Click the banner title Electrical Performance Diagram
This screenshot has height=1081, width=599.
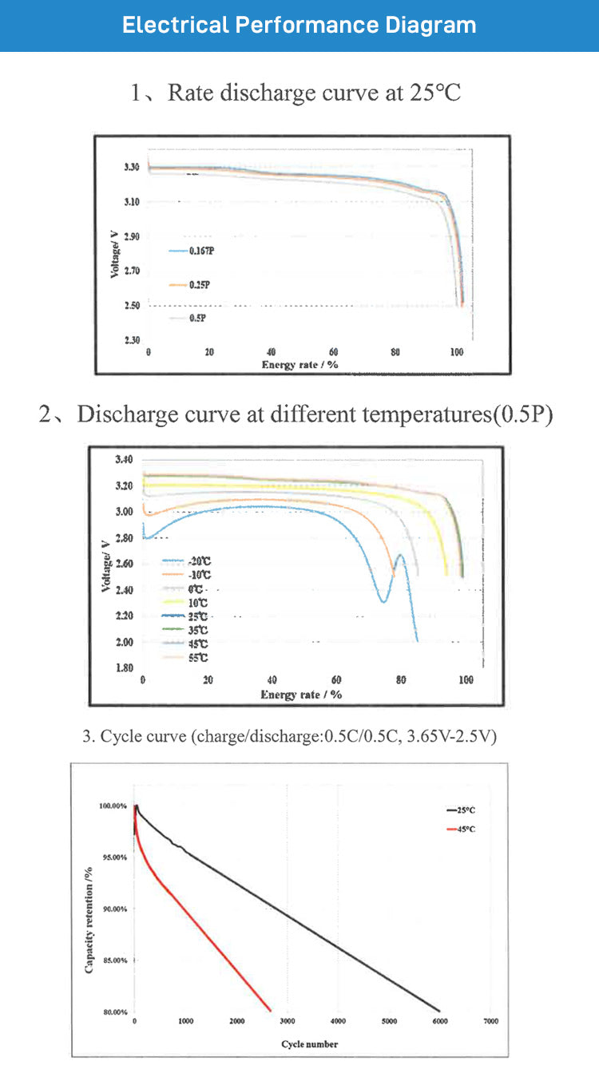299,25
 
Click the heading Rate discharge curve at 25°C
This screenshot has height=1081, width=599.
296,93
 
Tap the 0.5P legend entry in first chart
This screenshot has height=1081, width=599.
188,318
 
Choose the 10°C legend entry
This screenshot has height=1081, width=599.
186,604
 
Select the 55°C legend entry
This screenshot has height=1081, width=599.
186,656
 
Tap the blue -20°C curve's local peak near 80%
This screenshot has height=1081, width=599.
400,556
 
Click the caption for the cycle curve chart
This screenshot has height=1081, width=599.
290,736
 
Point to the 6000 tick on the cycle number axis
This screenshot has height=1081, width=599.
440,1021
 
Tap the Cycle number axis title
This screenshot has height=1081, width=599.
310,1043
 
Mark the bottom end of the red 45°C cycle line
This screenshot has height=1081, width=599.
271,1010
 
